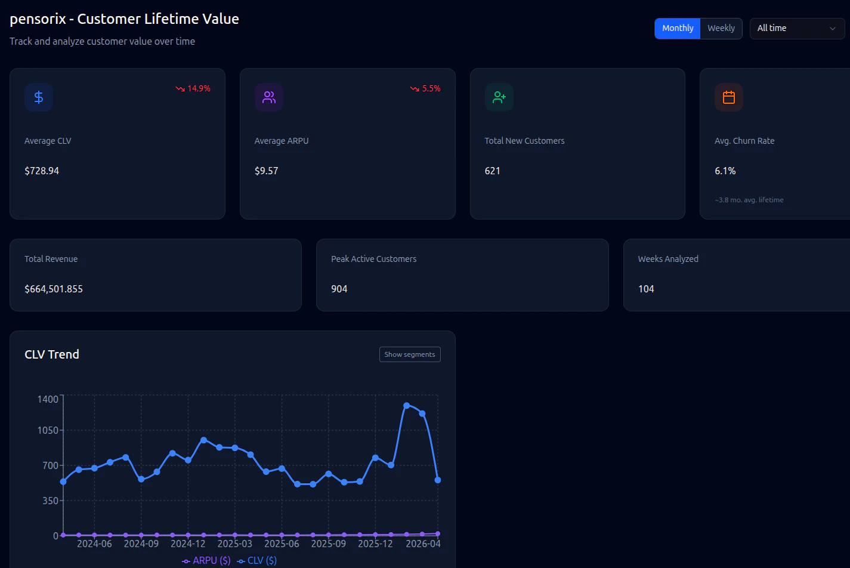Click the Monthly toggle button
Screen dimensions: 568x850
(x=677, y=28)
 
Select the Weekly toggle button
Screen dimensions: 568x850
(x=721, y=28)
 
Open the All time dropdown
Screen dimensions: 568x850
(x=796, y=28)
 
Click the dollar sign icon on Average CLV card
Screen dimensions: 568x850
(x=39, y=97)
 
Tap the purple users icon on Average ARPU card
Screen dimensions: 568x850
(x=269, y=97)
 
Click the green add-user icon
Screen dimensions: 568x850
(x=499, y=97)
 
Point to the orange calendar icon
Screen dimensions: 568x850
(x=729, y=97)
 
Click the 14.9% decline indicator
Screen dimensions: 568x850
(x=193, y=88)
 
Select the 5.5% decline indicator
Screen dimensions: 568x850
(x=425, y=88)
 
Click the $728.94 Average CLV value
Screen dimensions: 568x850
(x=42, y=171)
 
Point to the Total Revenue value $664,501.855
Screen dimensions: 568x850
(x=54, y=289)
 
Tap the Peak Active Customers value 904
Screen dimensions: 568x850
(x=339, y=289)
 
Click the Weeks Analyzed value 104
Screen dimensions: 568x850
(x=646, y=289)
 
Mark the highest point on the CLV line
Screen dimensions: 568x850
(x=407, y=406)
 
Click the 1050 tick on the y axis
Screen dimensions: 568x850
(x=48, y=430)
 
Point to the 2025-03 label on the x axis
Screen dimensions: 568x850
(x=234, y=544)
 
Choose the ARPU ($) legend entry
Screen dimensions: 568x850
(x=206, y=561)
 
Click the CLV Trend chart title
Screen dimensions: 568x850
(x=52, y=354)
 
